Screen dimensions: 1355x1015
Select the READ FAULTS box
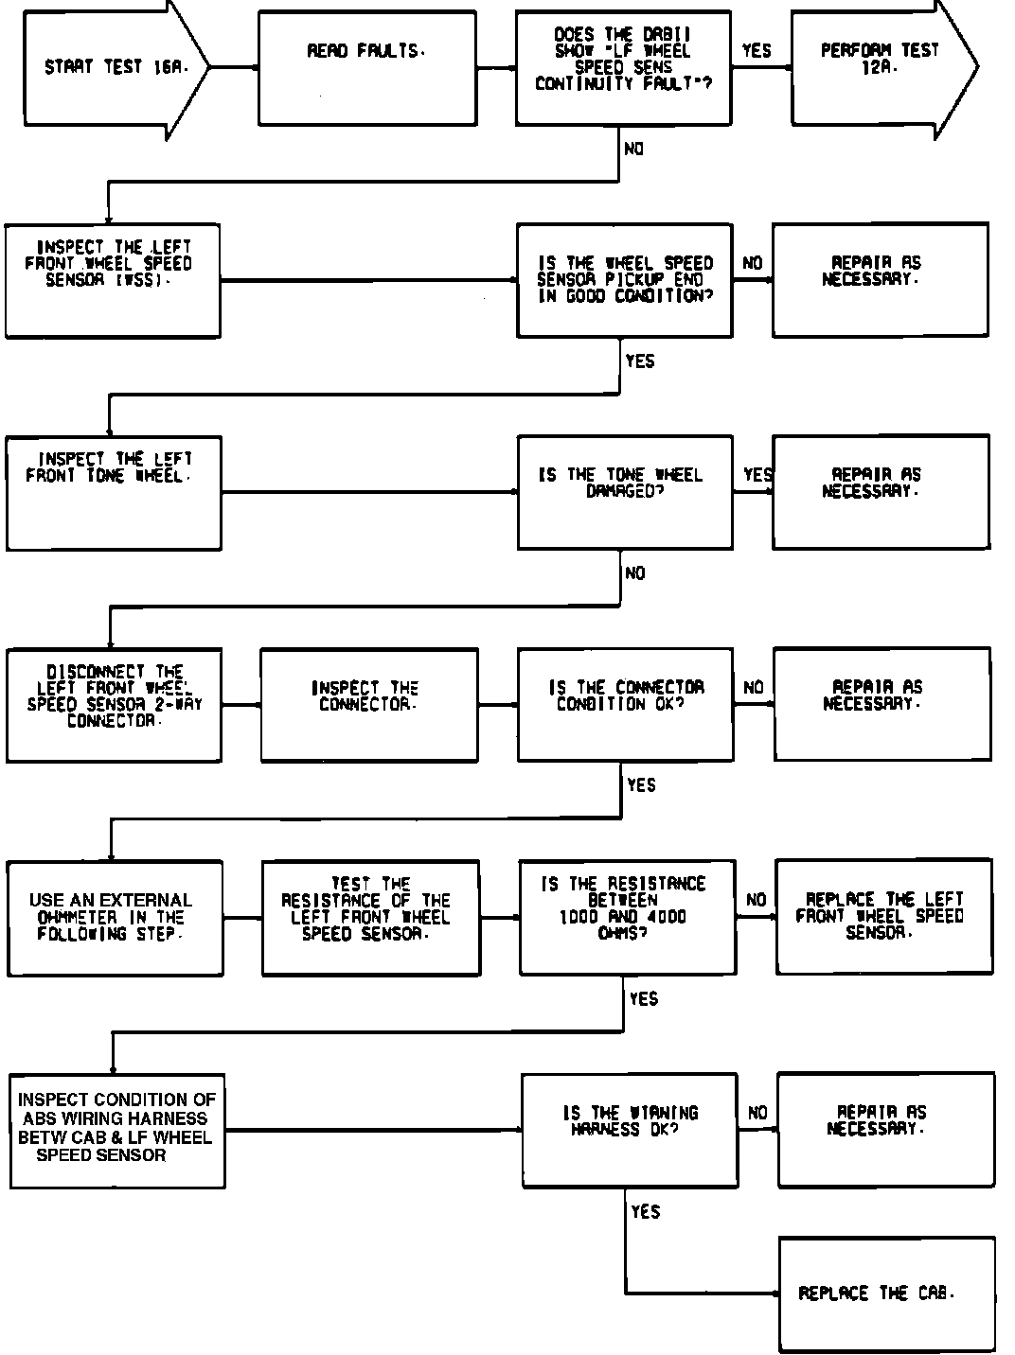[x=367, y=68]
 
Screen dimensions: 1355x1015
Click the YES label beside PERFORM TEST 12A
[x=757, y=51]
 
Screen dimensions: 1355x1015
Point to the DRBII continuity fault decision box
[x=623, y=68]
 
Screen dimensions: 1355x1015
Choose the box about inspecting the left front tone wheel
[x=114, y=493]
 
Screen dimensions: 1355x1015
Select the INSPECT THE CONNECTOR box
[x=369, y=705]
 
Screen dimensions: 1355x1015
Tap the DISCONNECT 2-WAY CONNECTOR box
[x=115, y=705]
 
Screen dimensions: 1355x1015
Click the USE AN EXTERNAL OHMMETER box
[x=116, y=918]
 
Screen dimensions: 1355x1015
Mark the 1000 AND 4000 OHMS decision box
[x=627, y=918]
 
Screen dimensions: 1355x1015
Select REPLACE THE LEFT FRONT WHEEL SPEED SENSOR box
[x=883, y=918]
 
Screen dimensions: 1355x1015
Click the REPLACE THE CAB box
[x=886, y=1294]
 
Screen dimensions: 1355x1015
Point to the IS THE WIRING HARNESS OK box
[x=630, y=1130]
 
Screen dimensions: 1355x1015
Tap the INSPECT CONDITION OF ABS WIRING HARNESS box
[x=117, y=1130]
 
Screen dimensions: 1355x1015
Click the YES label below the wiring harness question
[x=645, y=1212]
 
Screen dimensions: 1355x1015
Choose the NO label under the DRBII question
[x=634, y=150]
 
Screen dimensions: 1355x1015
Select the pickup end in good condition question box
[x=625, y=281]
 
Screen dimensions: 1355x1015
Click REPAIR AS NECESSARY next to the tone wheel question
[x=881, y=493]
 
